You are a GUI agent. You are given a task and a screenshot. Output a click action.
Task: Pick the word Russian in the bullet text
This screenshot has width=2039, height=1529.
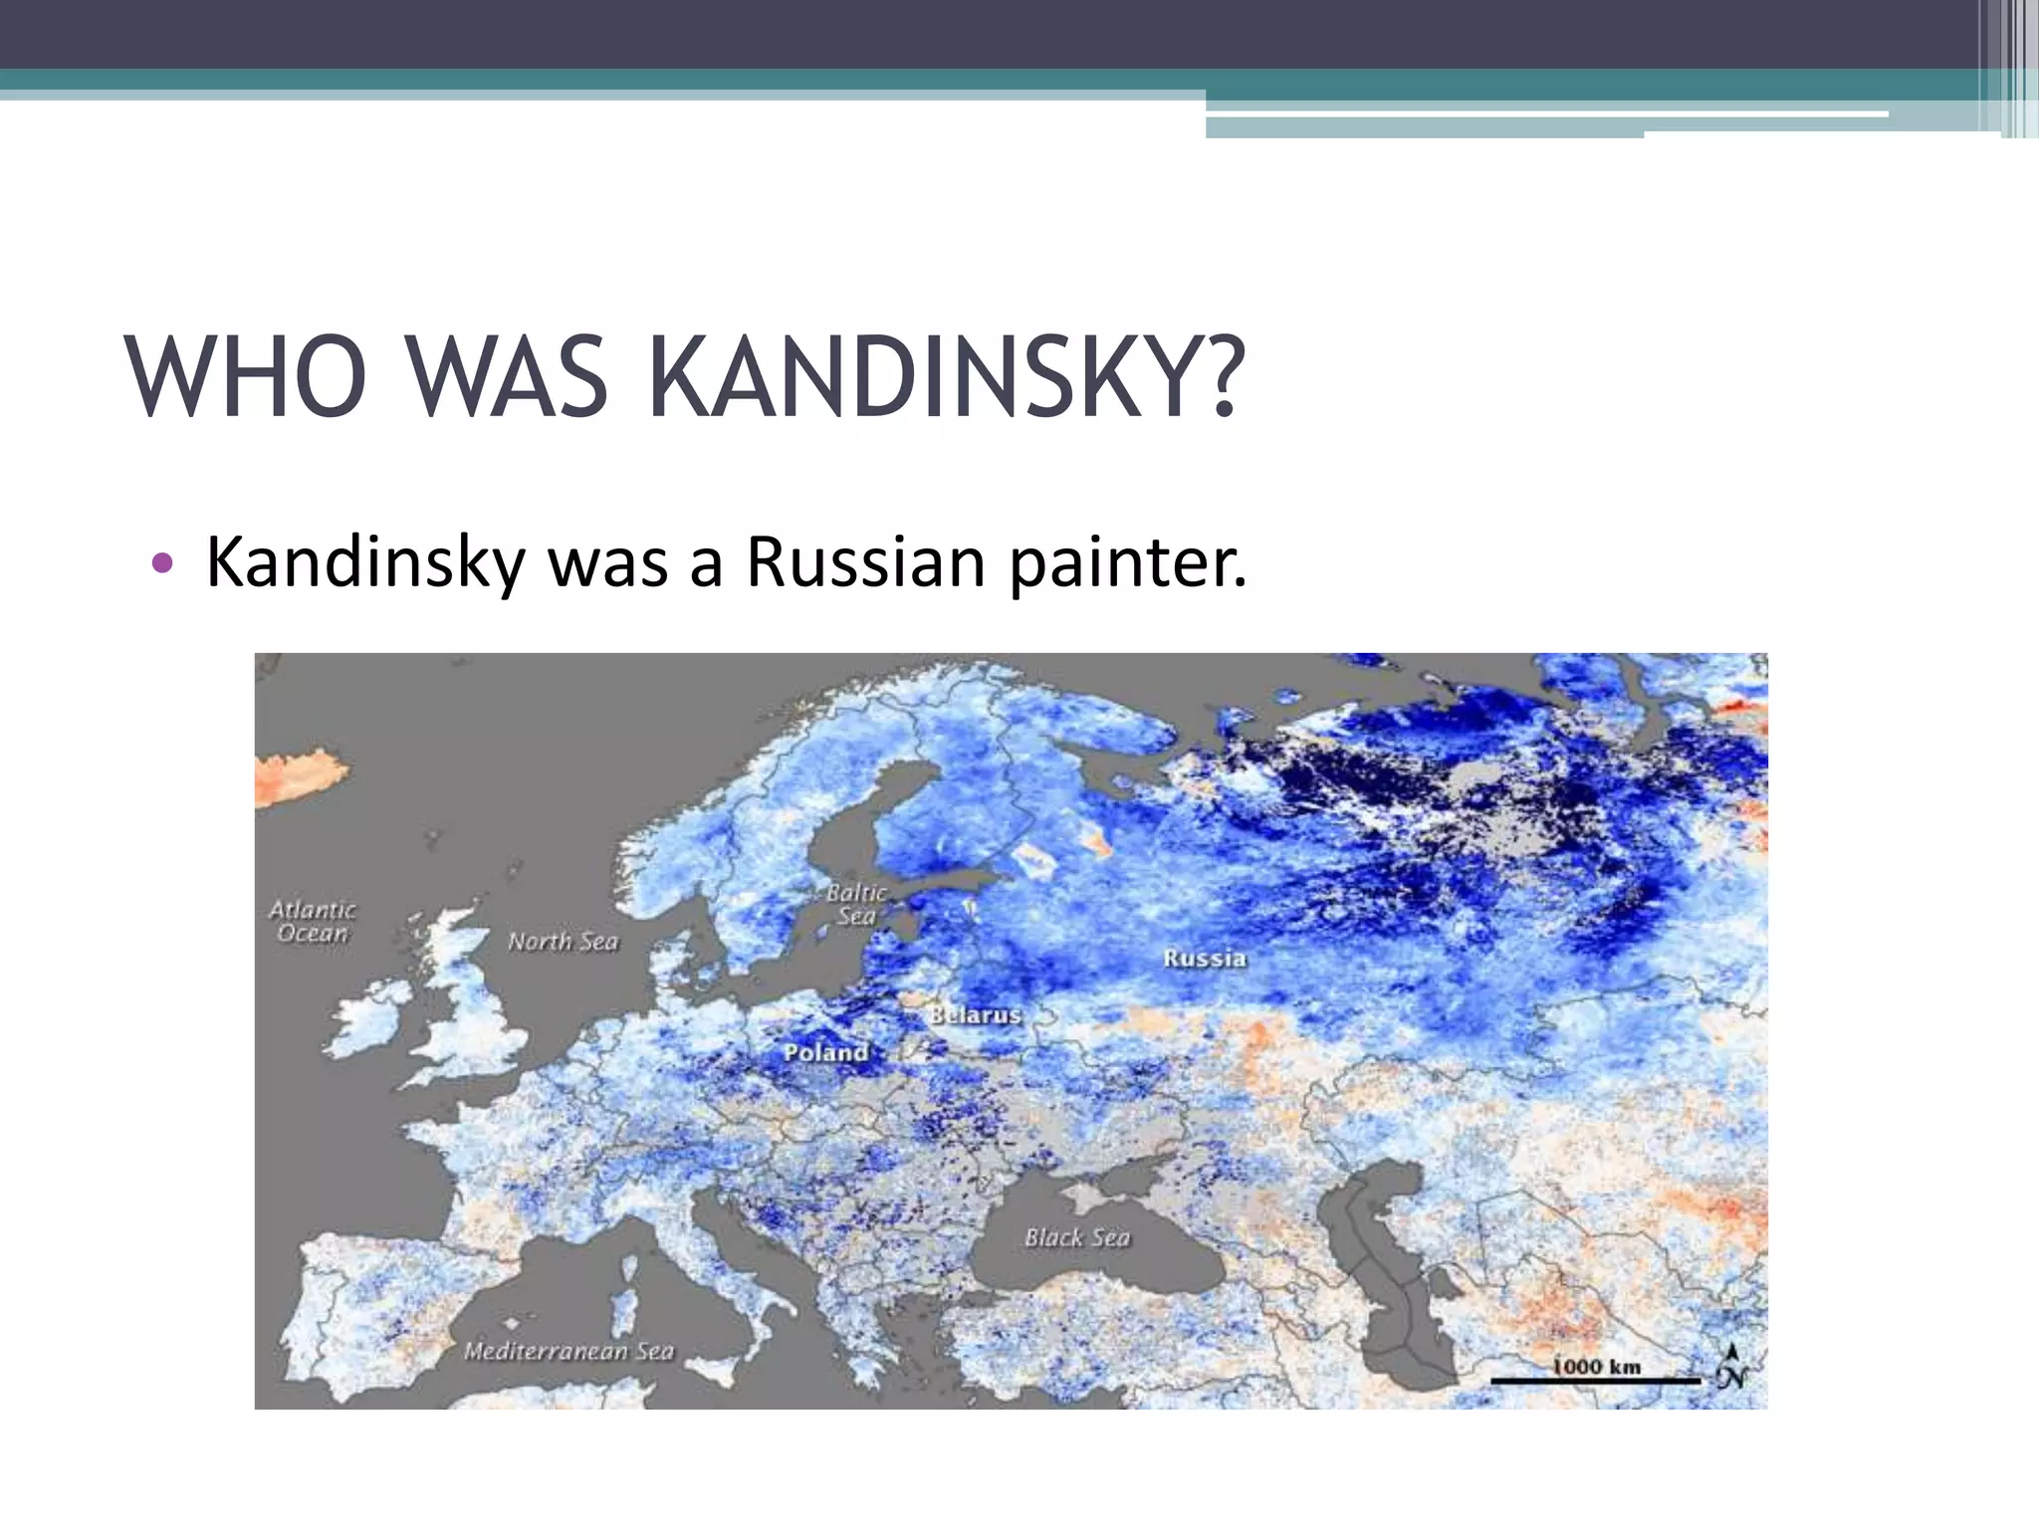point(866,562)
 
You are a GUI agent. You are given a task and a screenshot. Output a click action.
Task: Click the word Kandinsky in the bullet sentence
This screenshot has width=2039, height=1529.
point(365,564)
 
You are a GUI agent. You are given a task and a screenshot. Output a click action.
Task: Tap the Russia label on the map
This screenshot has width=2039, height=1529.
point(1205,958)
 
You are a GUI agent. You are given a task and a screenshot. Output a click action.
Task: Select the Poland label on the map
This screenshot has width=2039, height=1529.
point(825,1051)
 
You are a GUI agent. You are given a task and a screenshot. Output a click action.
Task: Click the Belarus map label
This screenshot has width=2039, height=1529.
point(976,1014)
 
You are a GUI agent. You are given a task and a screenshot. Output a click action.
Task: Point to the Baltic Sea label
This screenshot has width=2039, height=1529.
point(856,904)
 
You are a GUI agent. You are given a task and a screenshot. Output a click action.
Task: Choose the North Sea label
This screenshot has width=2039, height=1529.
point(563,941)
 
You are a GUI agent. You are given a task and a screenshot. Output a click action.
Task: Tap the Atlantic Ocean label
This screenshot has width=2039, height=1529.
point(313,921)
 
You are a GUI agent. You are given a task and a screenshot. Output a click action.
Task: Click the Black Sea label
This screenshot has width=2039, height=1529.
point(1077,1237)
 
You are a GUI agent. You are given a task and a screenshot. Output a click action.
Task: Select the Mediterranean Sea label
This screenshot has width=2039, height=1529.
point(568,1351)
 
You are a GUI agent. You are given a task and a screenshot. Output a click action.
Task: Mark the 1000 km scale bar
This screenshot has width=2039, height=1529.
point(1595,1380)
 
